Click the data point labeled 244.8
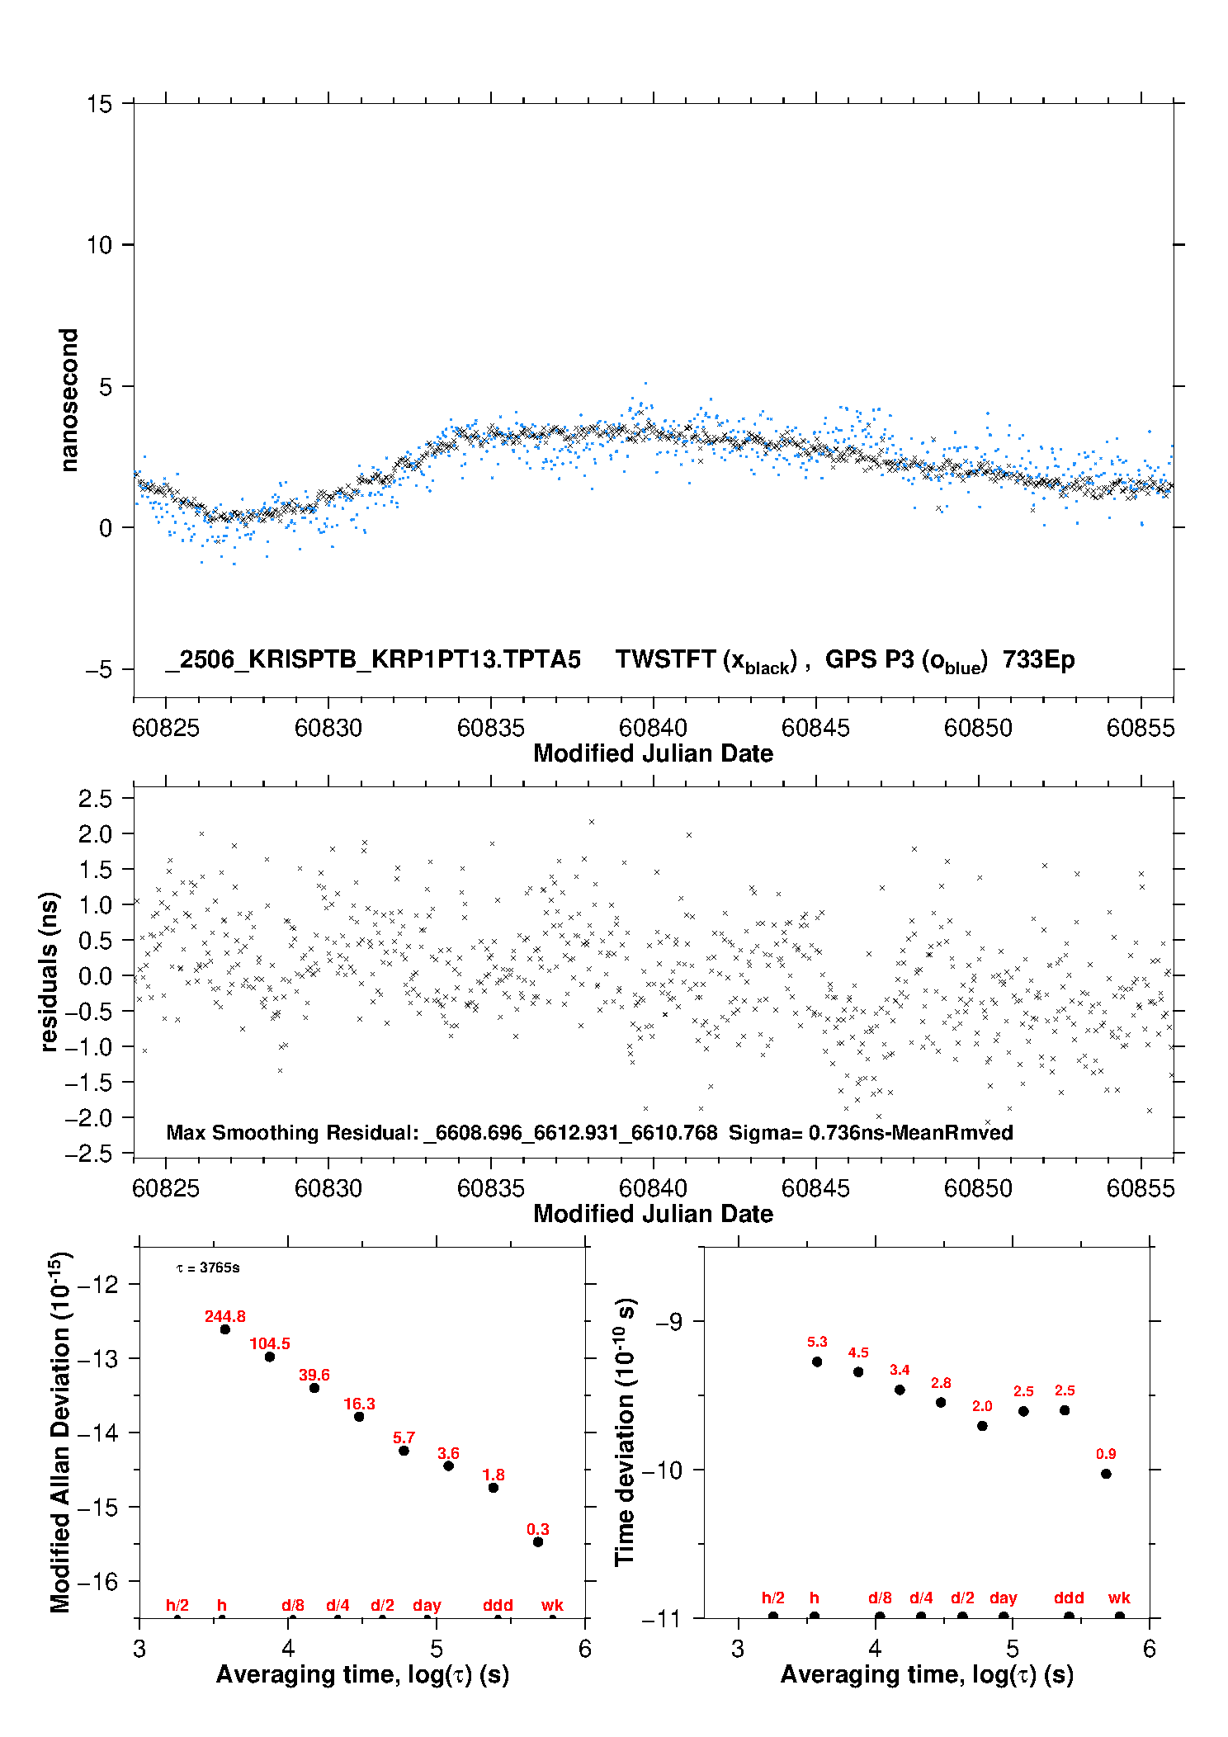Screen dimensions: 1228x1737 [x=224, y=1329]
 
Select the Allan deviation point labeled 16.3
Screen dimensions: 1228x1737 [x=359, y=1417]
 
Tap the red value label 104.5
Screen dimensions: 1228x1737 [x=270, y=1344]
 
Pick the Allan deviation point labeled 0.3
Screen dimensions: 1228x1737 [x=538, y=1542]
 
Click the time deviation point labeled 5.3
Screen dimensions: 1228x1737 [x=817, y=1362]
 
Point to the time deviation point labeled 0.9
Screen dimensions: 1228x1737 [x=1106, y=1474]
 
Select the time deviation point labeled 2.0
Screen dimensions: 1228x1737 [x=982, y=1426]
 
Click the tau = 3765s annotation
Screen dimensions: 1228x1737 [x=208, y=1267]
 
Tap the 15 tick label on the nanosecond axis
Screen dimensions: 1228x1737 [x=100, y=104]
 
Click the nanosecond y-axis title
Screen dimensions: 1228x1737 [x=69, y=400]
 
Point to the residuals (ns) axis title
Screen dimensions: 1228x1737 [x=50, y=971]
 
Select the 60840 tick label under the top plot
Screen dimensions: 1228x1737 [x=653, y=728]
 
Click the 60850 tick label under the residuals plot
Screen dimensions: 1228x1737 [x=978, y=1188]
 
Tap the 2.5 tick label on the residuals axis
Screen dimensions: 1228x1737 [x=95, y=799]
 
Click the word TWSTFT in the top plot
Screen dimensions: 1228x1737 [x=665, y=659]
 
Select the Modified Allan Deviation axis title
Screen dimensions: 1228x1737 [x=61, y=1433]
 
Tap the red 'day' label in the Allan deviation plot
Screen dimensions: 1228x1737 [x=427, y=1605]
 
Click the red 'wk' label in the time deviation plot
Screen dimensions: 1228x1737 [x=1119, y=1598]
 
